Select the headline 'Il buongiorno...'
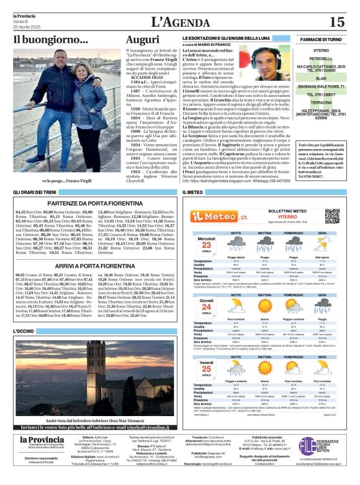point(50,40)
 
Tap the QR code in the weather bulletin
point(332,216)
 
